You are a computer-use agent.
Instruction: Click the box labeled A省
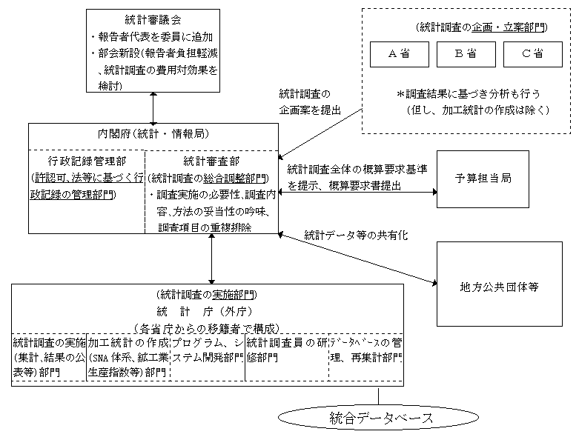pyautogui.click(x=400, y=54)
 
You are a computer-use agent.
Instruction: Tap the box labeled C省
pyautogui.click(x=532, y=54)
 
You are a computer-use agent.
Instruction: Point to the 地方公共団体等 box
pyautogui.click(x=496, y=284)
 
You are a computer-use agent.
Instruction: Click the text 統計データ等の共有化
pyautogui.click(x=356, y=235)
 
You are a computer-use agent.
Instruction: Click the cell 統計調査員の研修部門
pyautogui.click(x=286, y=350)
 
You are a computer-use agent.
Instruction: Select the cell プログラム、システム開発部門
pyautogui.click(x=208, y=350)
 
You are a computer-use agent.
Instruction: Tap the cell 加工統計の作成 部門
pyautogui.click(x=128, y=358)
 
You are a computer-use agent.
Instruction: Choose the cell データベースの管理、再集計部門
pyautogui.click(x=366, y=350)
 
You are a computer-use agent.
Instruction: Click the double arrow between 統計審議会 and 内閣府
pyautogui.click(x=153, y=107)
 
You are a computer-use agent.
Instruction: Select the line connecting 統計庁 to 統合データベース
pyautogui.click(x=379, y=394)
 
